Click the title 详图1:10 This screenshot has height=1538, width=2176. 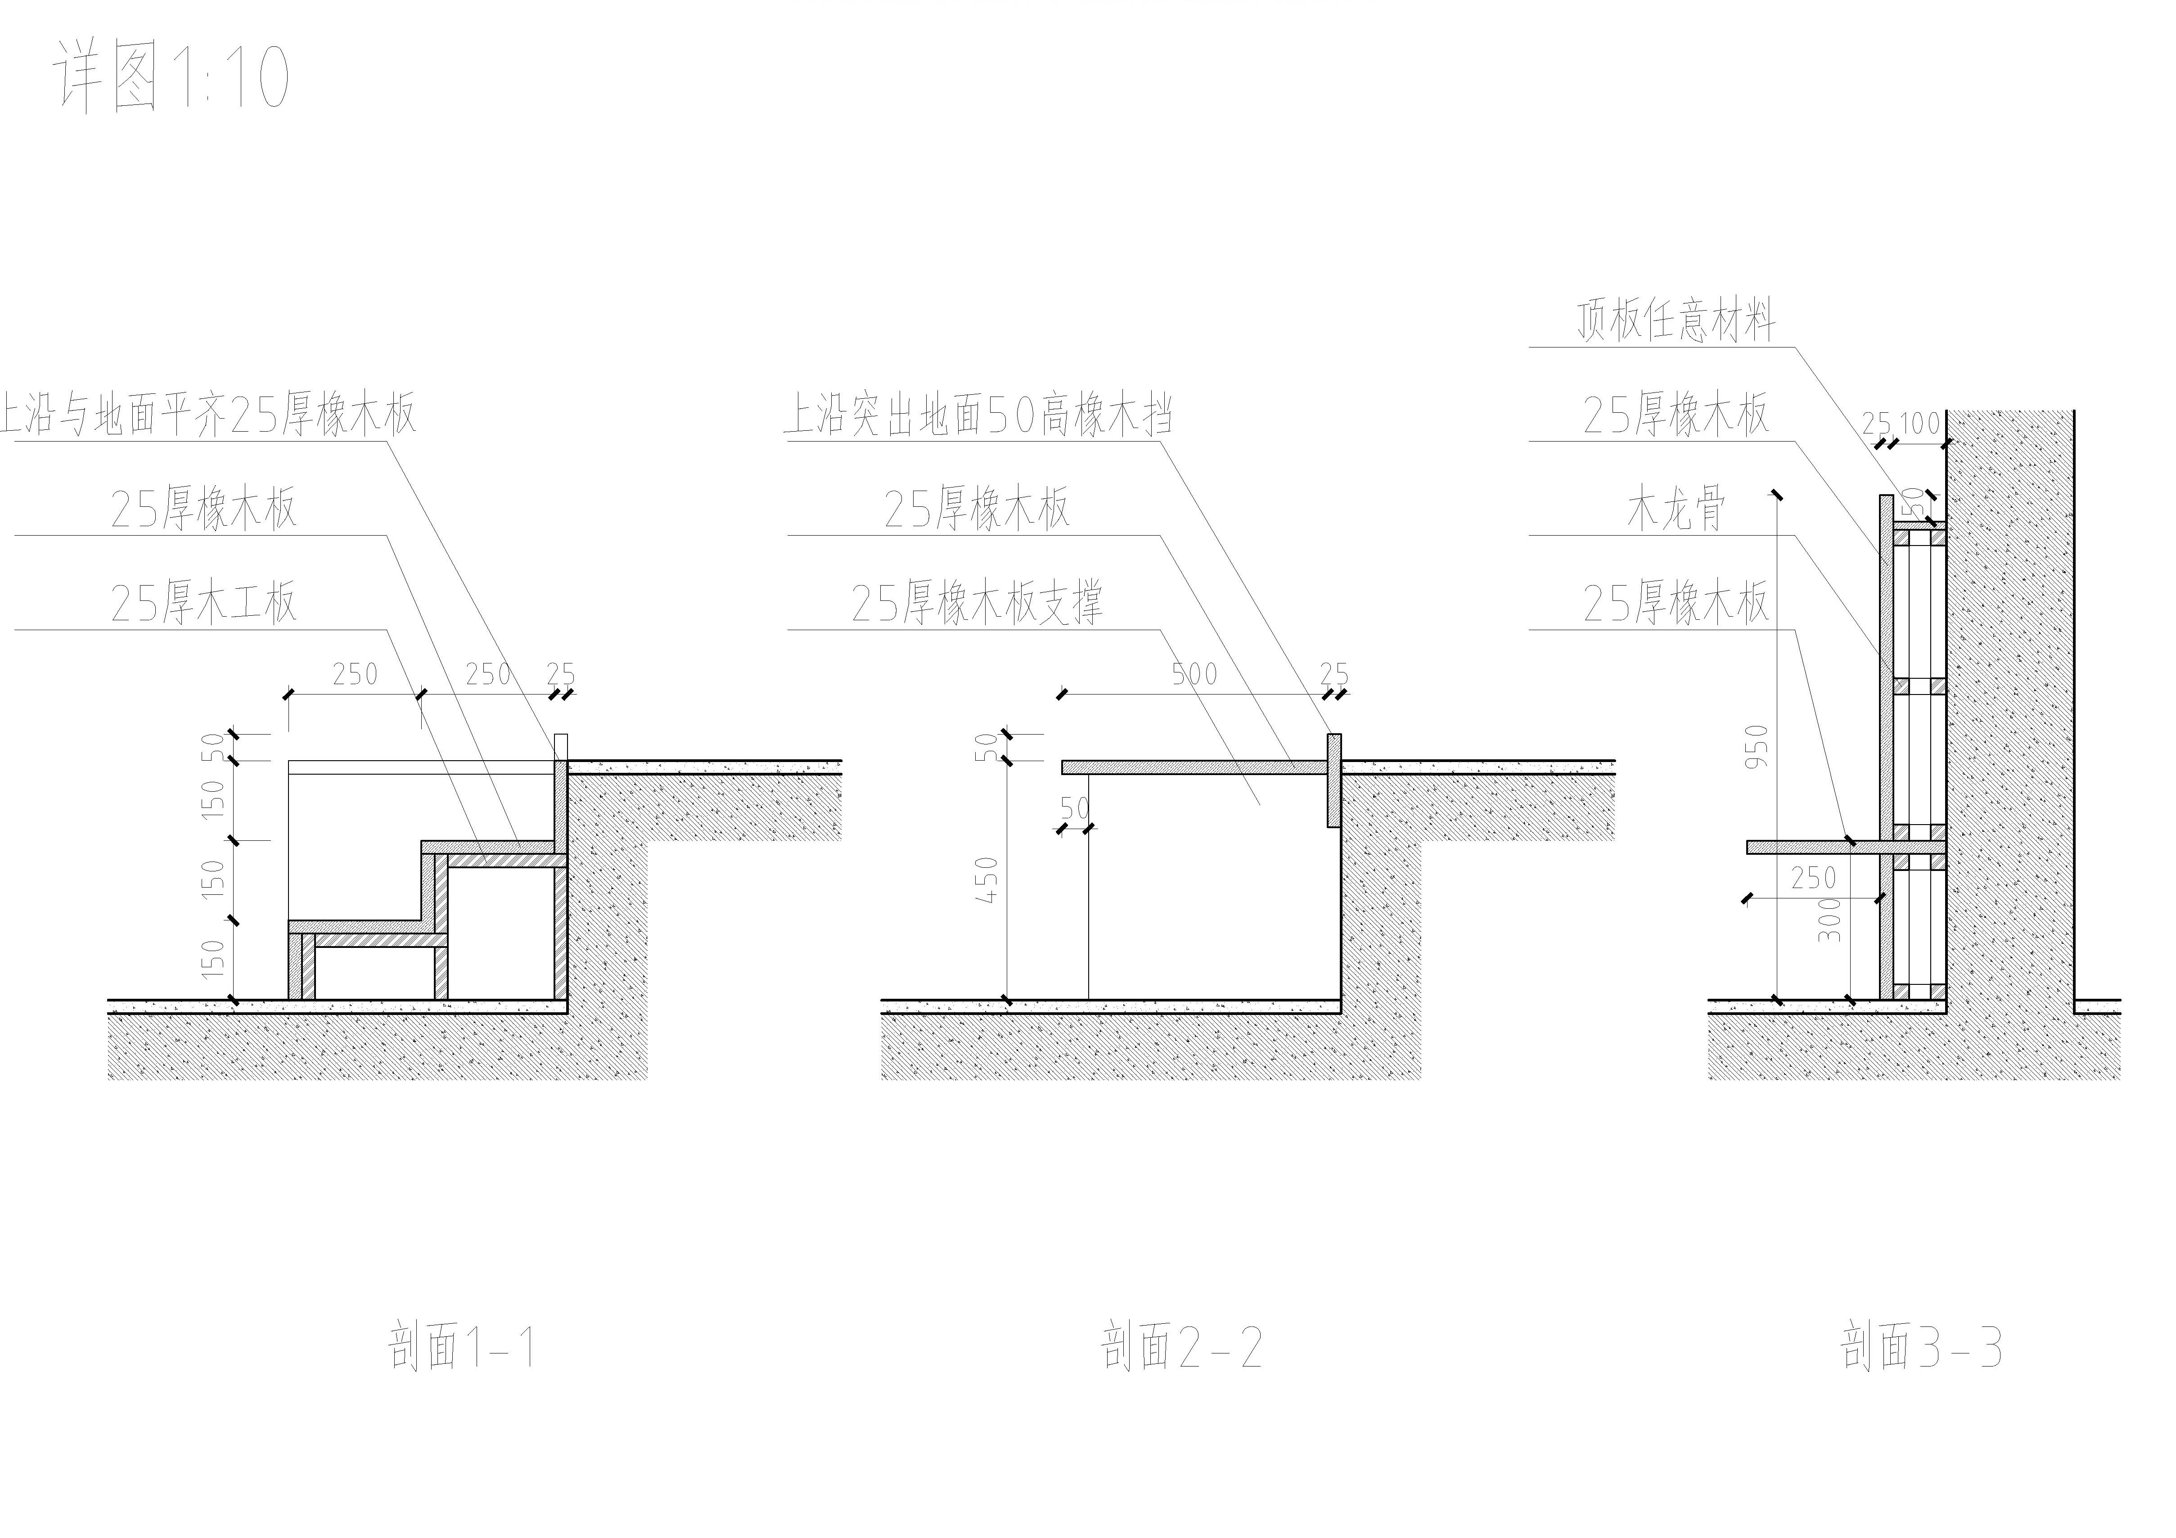point(171,76)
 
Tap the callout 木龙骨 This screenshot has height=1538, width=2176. point(1676,509)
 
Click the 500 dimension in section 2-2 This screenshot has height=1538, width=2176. point(1194,674)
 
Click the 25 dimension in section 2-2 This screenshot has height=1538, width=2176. point(1334,674)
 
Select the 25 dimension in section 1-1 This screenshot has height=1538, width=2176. point(561,674)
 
